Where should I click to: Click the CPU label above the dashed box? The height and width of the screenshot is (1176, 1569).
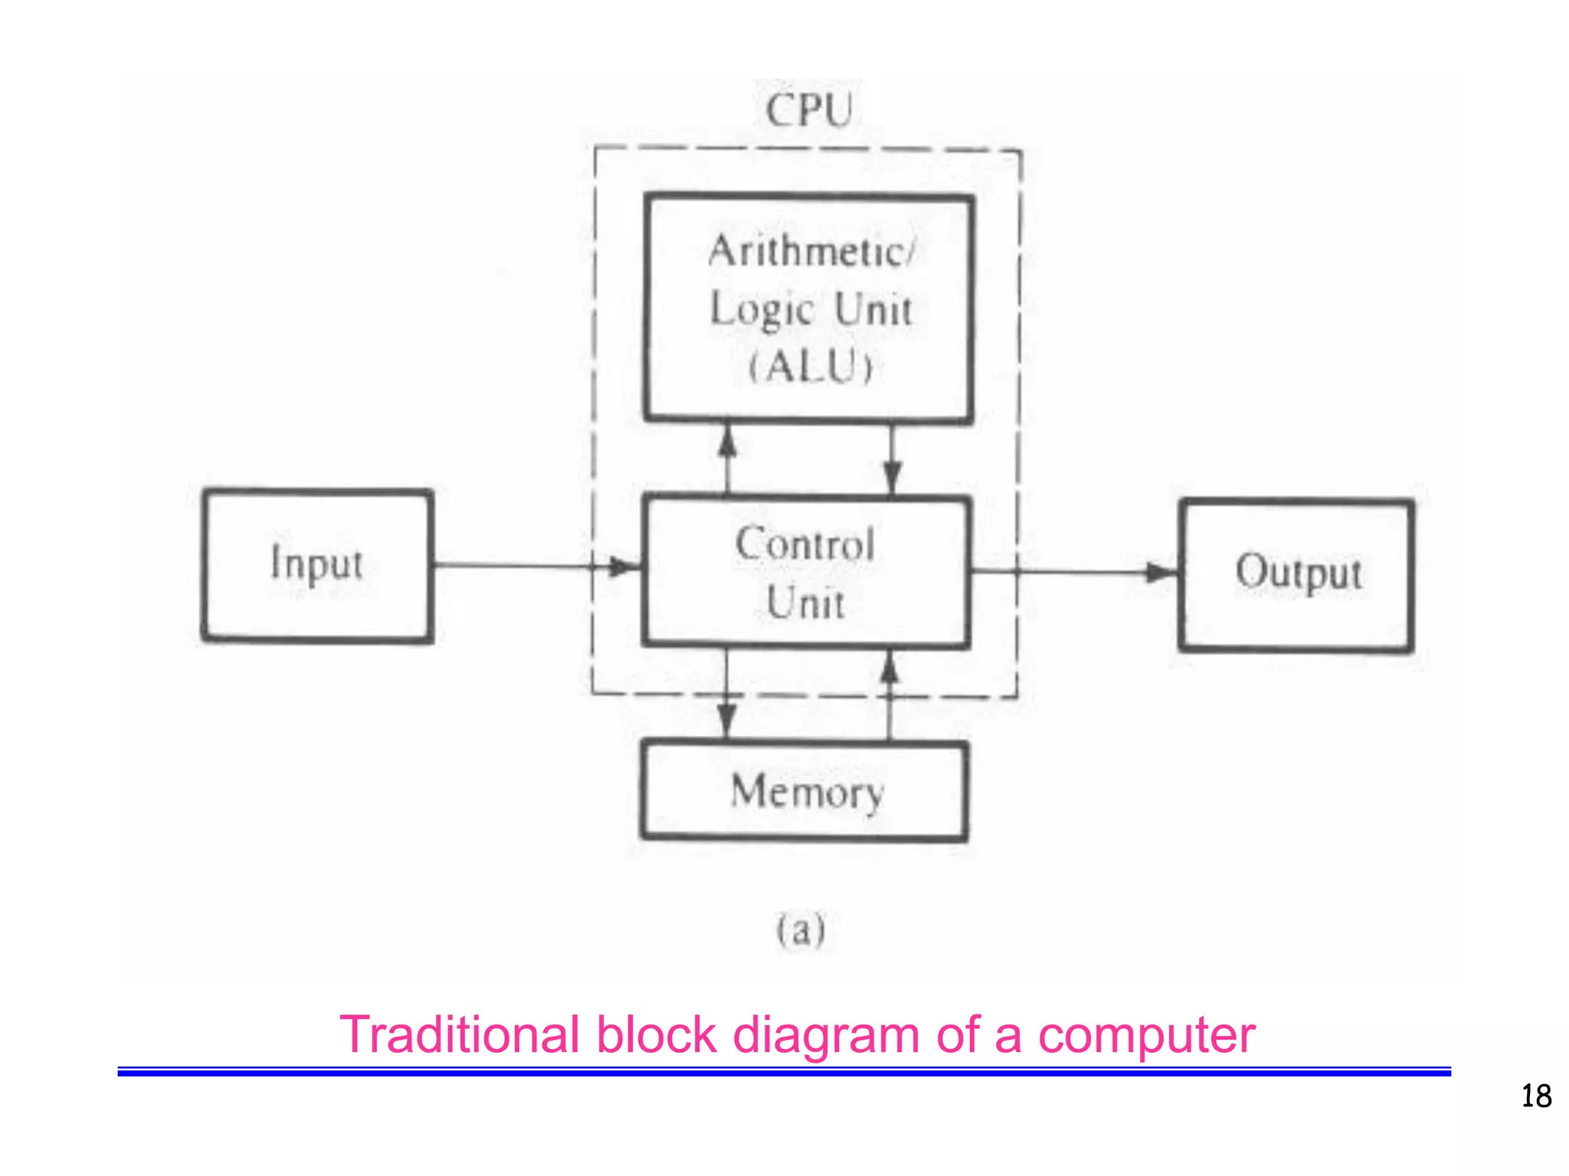[808, 110]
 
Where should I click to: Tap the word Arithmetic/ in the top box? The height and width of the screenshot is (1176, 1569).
[811, 252]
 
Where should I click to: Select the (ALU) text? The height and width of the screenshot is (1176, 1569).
[810, 367]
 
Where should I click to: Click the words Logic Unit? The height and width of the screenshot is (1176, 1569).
[811, 310]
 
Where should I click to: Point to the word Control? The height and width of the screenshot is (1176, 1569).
[804, 544]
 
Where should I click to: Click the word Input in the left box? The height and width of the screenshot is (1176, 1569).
[316, 564]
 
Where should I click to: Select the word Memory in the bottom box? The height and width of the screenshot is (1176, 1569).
[807, 792]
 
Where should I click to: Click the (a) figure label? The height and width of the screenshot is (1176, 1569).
[801, 931]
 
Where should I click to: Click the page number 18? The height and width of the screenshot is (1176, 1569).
[1535, 1096]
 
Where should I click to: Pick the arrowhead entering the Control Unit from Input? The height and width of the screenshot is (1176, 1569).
[624, 567]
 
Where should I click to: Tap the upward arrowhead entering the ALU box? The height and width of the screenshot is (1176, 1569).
[728, 442]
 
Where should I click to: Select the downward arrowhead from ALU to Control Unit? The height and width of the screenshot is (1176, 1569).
[892, 475]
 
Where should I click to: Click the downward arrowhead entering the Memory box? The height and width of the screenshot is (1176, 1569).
[726, 720]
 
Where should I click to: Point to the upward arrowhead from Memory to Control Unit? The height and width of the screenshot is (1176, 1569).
[889, 668]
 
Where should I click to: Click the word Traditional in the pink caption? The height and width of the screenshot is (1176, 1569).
[459, 1035]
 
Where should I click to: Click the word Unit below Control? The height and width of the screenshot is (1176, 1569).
[805, 603]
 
